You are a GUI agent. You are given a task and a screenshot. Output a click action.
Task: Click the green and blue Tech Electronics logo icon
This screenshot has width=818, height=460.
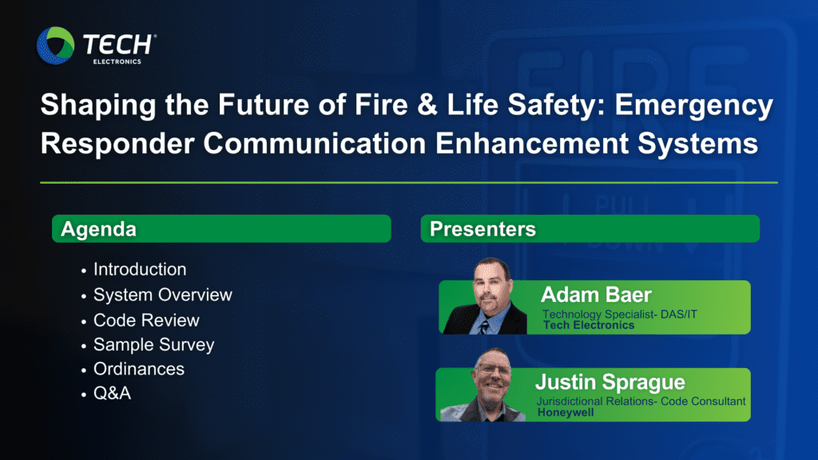(55, 46)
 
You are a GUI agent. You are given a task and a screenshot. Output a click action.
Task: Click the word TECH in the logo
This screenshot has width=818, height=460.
(117, 45)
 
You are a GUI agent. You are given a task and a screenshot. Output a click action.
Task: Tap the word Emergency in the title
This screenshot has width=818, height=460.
(694, 106)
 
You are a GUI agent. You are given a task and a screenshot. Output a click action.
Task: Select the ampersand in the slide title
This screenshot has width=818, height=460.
(427, 105)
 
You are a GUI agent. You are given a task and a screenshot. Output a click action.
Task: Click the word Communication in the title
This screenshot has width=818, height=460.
(315, 143)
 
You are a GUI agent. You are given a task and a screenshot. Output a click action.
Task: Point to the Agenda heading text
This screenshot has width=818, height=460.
(98, 229)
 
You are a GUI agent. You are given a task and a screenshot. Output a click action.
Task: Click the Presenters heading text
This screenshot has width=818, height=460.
(482, 229)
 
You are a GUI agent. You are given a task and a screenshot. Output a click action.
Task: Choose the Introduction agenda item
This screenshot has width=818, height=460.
(140, 269)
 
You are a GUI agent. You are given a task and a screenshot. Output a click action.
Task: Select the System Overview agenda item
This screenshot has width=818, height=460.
(163, 295)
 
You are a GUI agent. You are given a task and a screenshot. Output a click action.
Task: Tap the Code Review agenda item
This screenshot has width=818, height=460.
(146, 320)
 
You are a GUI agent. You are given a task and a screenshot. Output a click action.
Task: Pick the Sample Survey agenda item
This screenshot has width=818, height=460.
(154, 345)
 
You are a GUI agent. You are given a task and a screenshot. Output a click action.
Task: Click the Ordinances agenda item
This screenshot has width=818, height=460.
(139, 369)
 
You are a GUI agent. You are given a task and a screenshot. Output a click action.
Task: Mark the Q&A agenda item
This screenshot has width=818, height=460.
(112, 393)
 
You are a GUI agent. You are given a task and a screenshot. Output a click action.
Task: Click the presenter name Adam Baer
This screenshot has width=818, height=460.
(596, 295)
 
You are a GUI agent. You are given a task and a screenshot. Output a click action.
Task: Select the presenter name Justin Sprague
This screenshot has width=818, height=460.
(610, 383)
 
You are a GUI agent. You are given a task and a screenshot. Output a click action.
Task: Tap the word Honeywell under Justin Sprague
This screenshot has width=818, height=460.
(566, 413)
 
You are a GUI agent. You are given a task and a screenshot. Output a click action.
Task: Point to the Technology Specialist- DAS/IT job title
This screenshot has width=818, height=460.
(620, 314)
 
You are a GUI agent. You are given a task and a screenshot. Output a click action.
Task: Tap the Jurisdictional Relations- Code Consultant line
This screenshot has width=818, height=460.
(641, 401)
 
